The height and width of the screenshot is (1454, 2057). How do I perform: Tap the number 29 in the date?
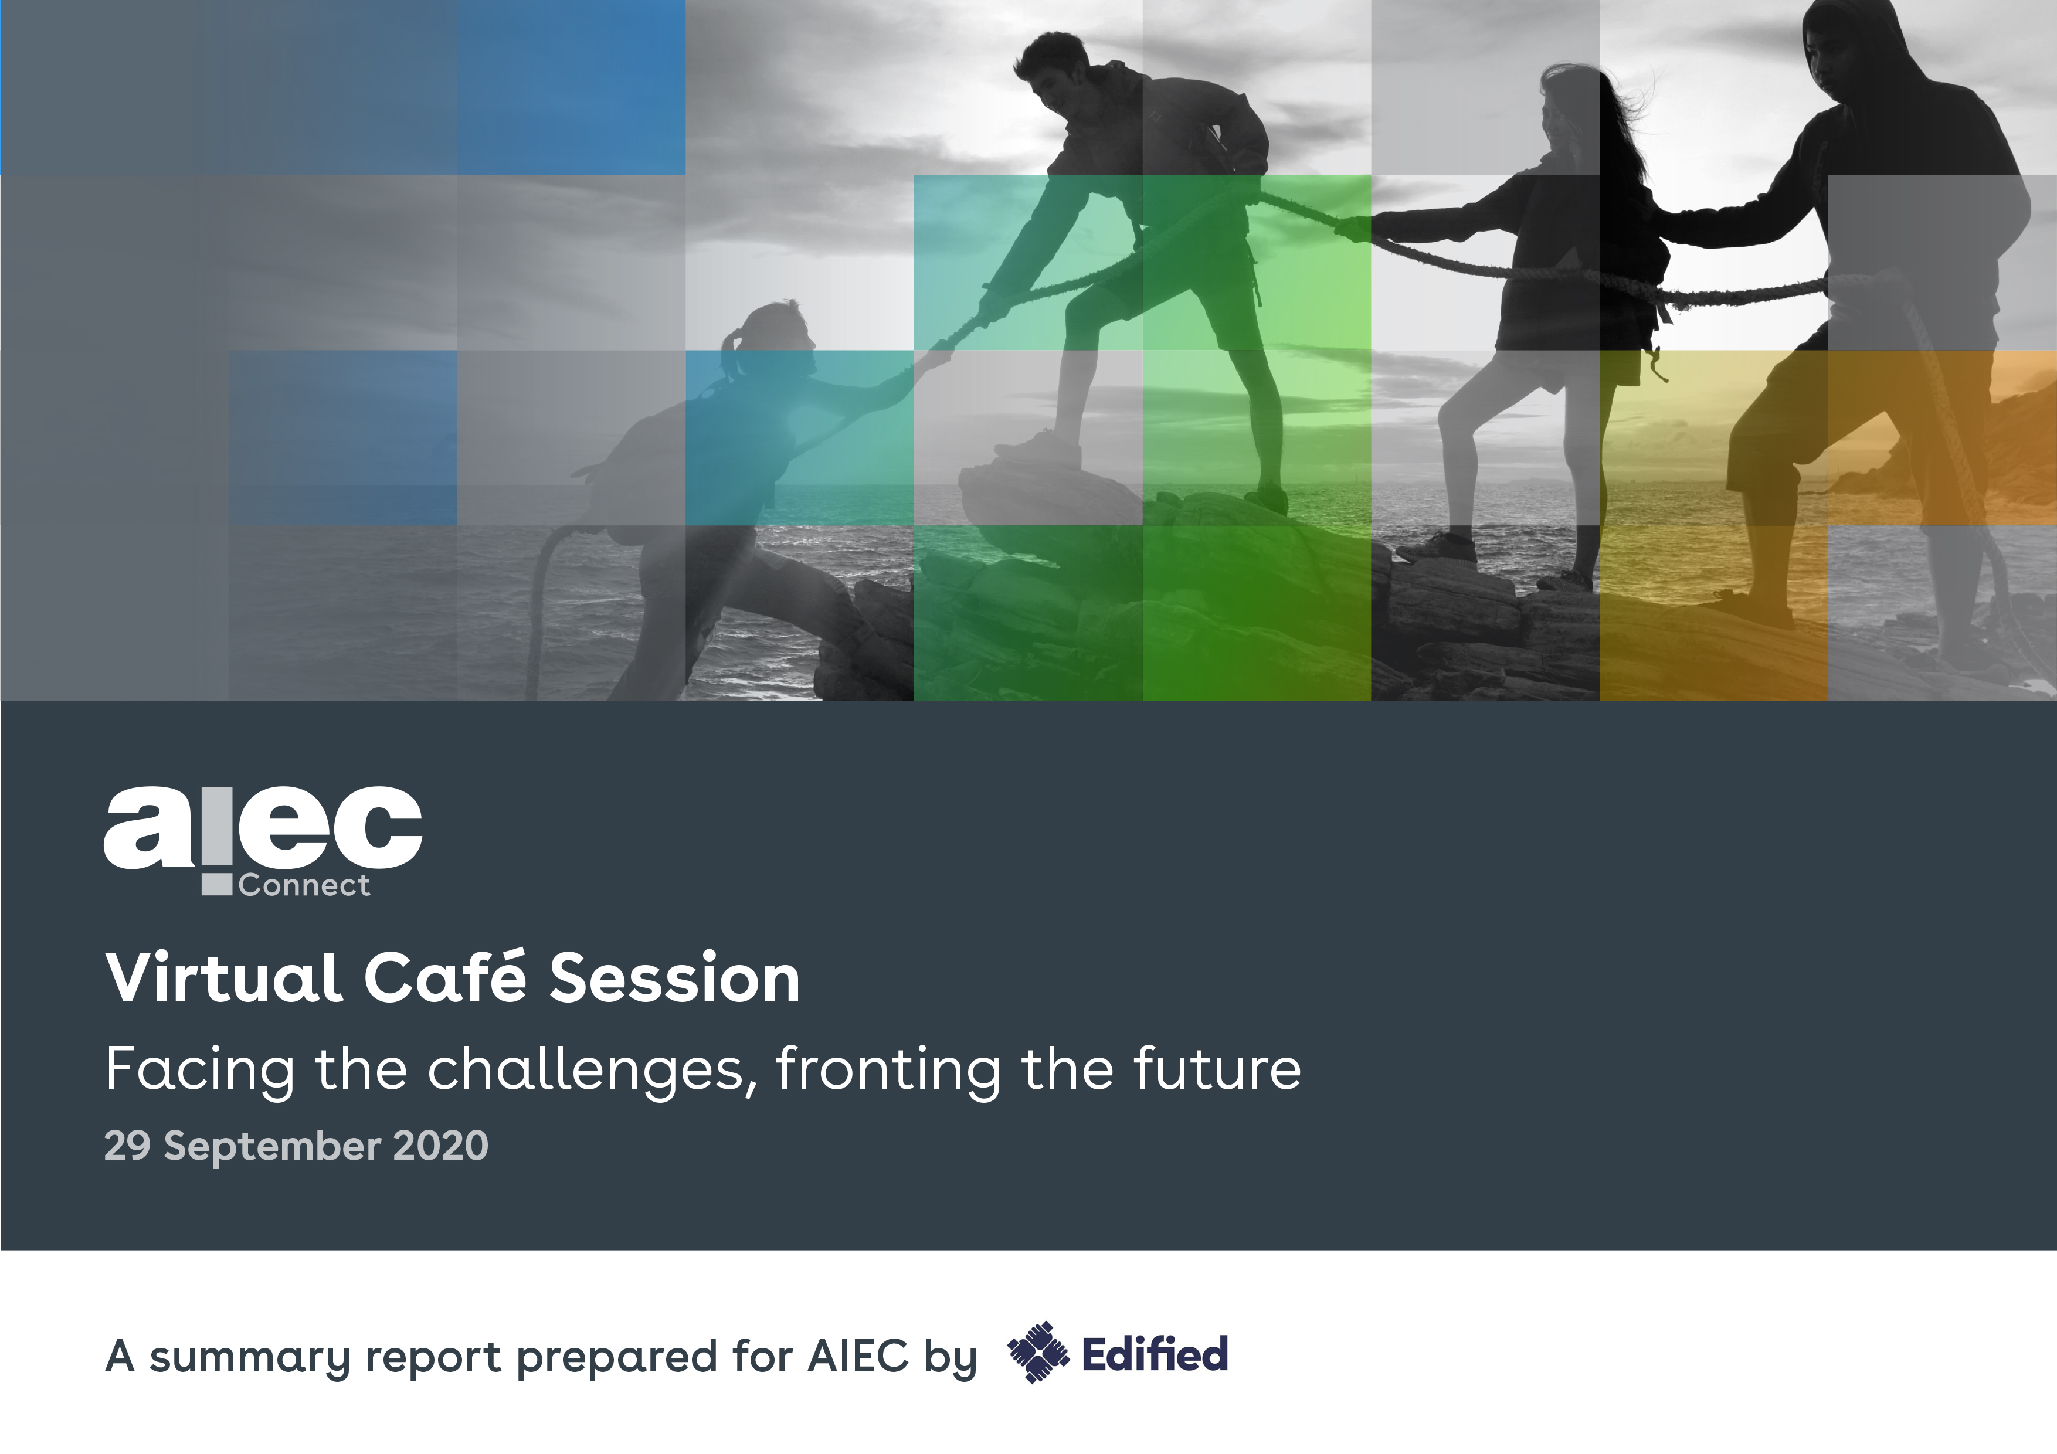click(127, 1146)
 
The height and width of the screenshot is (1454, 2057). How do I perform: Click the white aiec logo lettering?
click(263, 828)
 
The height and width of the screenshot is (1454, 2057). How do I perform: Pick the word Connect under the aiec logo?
click(304, 885)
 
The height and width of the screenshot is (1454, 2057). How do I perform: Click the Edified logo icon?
click(1038, 1353)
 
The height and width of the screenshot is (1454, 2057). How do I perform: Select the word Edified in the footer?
click(1155, 1354)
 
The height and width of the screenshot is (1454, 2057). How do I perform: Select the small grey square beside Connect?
click(217, 885)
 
